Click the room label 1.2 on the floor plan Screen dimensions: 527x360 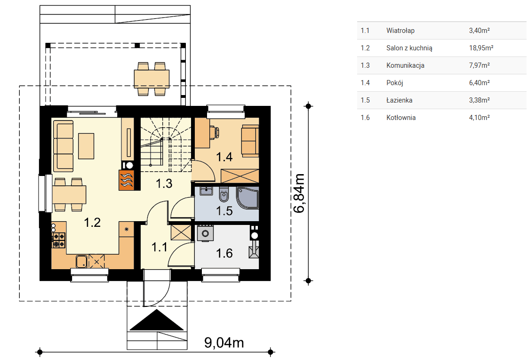(x=92, y=223)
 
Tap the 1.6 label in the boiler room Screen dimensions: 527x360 (x=224, y=253)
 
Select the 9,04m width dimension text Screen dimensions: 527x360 (x=224, y=343)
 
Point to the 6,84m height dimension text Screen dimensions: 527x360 (x=299, y=193)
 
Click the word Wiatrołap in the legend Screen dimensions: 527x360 (x=400, y=31)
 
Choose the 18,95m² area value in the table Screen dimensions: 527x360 (x=481, y=48)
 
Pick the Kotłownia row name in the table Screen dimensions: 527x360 (x=401, y=118)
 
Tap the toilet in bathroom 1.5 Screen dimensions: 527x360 (x=224, y=194)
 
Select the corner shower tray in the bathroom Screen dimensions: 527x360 (x=248, y=198)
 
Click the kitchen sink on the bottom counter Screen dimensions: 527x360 (x=82, y=262)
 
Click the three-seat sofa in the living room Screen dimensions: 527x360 (x=63, y=146)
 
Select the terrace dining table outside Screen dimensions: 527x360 (x=152, y=79)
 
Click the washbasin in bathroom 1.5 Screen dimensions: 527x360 (x=206, y=191)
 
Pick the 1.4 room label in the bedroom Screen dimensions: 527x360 (x=224, y=157)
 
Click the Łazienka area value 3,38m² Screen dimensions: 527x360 (x=479, y=100)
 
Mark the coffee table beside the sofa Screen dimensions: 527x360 (x=86, y=146)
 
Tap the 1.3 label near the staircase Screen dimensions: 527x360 (x=164, y=184)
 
